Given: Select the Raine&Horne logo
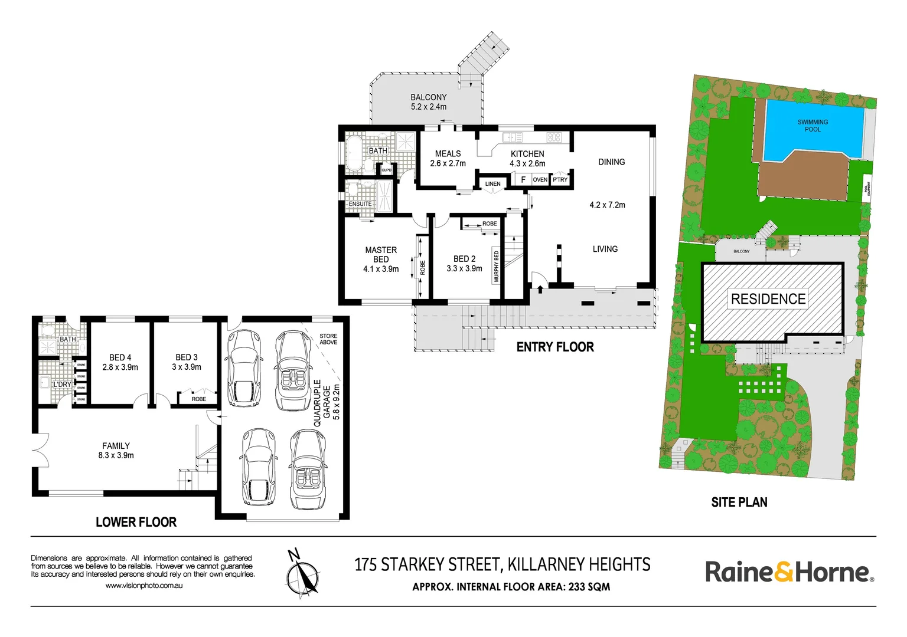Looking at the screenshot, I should (789, 572).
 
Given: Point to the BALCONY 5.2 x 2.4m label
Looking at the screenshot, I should (429, 102).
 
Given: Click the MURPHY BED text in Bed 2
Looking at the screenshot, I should (496, 267).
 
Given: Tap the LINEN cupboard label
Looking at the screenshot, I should (492, 184).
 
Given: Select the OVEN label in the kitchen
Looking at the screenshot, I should (540, 180).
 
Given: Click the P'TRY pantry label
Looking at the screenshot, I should (560, 180).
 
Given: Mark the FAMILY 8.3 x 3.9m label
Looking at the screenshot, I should (116, 451).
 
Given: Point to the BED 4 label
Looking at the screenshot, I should (120, 362).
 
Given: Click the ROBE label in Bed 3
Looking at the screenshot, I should (199, 399).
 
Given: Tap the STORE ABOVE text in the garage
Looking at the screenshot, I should (328, 339).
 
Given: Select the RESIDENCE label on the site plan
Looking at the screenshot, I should (768, 299).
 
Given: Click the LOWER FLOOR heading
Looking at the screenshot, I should (136, 522).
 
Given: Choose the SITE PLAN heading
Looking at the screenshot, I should (739, 503).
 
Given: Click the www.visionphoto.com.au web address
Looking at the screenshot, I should (144, 586).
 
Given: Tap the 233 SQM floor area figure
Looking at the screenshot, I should (589, 587).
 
